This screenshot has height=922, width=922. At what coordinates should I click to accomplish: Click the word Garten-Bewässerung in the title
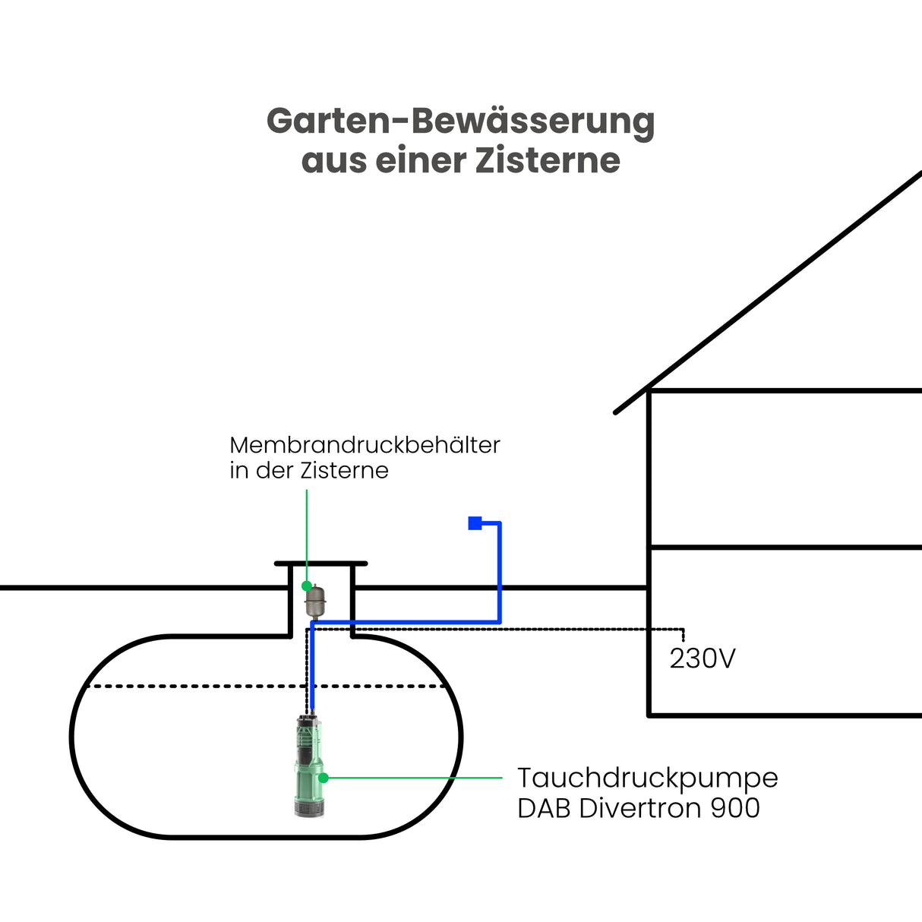(x=460, y=122)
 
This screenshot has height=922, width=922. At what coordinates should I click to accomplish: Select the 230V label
(x=702, y=658)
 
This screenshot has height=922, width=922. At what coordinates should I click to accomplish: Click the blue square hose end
(x=475, y=523)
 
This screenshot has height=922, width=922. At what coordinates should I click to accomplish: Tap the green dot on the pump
(x=323, y=778)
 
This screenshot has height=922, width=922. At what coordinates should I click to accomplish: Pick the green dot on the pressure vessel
(x=307, y=586)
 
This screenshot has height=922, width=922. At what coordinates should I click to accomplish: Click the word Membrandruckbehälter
(x=365, y=445)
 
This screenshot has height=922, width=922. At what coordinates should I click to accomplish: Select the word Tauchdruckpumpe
(x=647, y=778)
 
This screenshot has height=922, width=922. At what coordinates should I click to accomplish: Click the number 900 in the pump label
(x=735, y=808)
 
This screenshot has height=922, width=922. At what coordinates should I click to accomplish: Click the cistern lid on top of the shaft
(x=320, y=564)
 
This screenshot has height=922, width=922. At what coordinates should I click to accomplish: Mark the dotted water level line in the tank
(x=190, y=687)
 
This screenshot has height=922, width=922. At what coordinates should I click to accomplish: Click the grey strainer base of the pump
(x=308, y=807)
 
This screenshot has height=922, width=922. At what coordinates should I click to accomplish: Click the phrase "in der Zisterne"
(x=309, y=471)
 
